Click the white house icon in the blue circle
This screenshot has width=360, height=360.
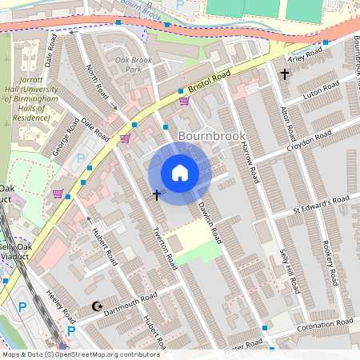click(180, 173)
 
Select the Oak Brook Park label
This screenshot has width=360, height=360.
click(133, 65)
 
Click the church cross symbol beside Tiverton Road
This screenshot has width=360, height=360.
click(157, 194)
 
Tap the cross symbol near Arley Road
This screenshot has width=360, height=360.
click(284, 74)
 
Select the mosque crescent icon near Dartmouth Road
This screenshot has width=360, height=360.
click(98, 306)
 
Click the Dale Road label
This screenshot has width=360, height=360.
click(94, 131)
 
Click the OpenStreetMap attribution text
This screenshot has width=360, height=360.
click(80, 354)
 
